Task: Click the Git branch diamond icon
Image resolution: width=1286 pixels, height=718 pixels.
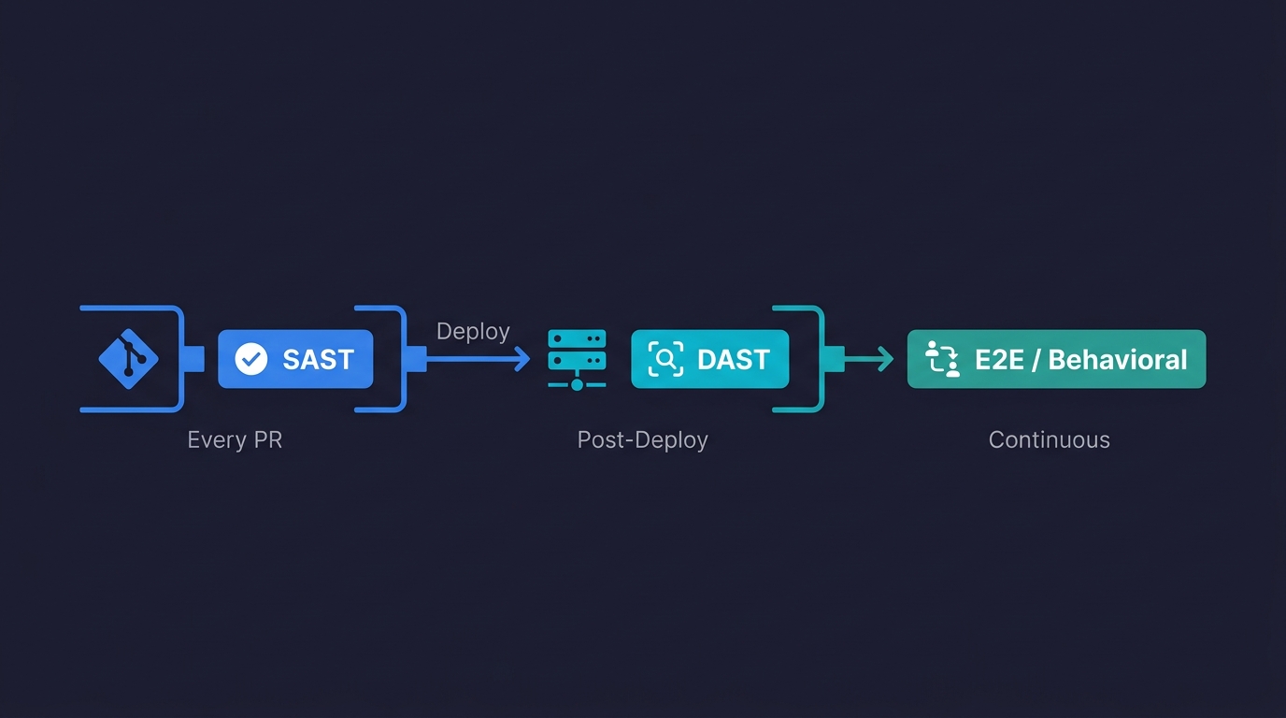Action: tap(128, 359)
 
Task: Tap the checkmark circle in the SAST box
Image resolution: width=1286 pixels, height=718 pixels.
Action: tap(250, 359)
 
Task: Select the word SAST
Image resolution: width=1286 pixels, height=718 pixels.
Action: tap(318, 359)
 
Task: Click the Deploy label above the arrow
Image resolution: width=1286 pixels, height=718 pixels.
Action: tap(473, 331)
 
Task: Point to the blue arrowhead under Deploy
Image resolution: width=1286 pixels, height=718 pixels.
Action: tap(522, 359)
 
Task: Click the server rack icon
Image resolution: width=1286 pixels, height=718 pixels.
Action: tap(577, 359)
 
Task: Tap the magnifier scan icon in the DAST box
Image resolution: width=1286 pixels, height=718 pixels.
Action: tap(665, 359)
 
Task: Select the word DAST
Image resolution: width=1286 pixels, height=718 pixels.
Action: tap(734, 359)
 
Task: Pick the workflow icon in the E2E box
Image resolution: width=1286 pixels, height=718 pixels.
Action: tap(942, 359)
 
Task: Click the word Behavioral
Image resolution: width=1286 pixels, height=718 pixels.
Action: tap(1118, 359)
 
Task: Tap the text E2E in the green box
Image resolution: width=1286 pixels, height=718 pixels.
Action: tap(1000, 359)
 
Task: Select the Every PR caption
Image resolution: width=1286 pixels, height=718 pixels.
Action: tap(235, 439)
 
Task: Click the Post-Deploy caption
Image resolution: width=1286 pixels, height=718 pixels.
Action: tap(642, 439)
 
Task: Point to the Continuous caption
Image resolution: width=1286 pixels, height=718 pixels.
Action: tap(1049, 439)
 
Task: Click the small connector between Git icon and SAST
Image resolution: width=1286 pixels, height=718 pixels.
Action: tap(194, 359)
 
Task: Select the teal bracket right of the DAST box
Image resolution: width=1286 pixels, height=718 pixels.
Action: tap(820, 359)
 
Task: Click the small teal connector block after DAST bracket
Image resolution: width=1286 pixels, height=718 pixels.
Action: tap(836, 359)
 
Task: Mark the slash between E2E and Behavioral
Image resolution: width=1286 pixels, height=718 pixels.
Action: tap(1036, 359)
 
